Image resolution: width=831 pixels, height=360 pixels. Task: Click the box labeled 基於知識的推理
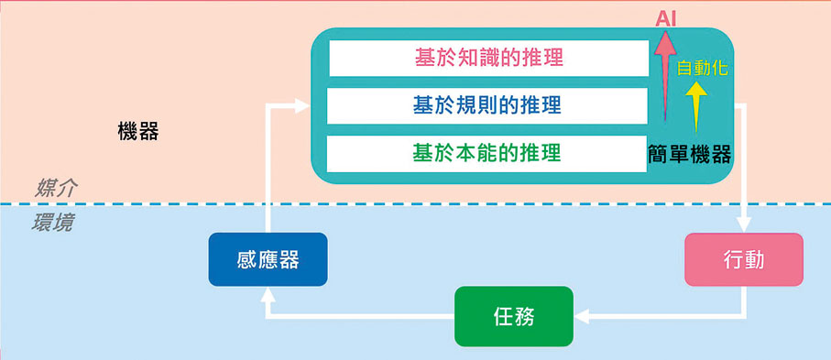click(487, 59)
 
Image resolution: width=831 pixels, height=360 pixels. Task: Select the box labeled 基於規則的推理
click(487, 105)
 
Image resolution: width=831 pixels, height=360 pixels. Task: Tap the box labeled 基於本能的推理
click(487, 152)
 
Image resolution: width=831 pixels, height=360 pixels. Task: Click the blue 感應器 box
click(268, 259)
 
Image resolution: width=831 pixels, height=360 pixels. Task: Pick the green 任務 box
click(513, 317)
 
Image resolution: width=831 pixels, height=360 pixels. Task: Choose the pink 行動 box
click(743, 259)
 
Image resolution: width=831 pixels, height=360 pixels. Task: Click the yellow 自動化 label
click(703, 68)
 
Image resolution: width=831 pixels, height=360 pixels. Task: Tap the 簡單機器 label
click(689, 155)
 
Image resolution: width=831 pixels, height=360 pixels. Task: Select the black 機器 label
click(138, 132)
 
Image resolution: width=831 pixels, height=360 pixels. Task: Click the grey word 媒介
click(56, 189)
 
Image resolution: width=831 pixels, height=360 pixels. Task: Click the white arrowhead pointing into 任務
click(581, 317)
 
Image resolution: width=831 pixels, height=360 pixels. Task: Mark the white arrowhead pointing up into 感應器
click(268, 296)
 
